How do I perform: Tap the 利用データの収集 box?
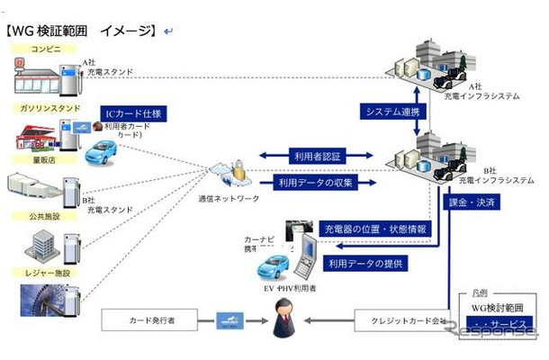coord(311,182)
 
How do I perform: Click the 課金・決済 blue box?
coord(471,203)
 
